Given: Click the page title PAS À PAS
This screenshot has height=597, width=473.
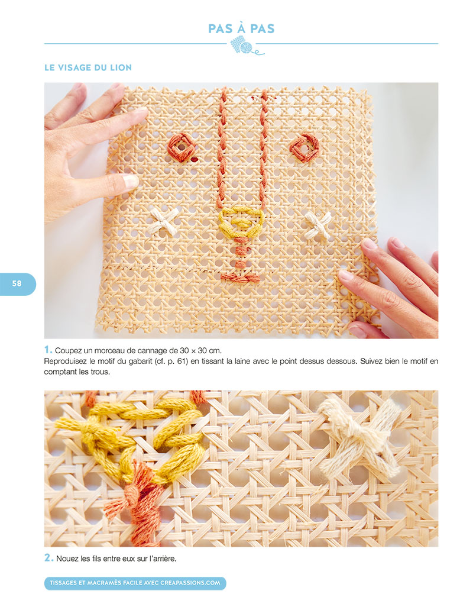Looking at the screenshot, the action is pos(241,28).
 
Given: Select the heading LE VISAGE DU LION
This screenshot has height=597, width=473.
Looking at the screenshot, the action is pos(88,68).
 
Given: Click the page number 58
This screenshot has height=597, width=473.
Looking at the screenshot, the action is pos(17,283).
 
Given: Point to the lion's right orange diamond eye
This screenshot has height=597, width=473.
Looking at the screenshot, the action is pos(304,147).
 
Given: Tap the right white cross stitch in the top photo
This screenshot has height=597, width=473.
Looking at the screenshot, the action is pos(318,225).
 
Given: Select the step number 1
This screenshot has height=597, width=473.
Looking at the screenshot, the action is pos(47,350).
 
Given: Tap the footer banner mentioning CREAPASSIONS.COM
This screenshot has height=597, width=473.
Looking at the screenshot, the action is pos(135,583).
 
